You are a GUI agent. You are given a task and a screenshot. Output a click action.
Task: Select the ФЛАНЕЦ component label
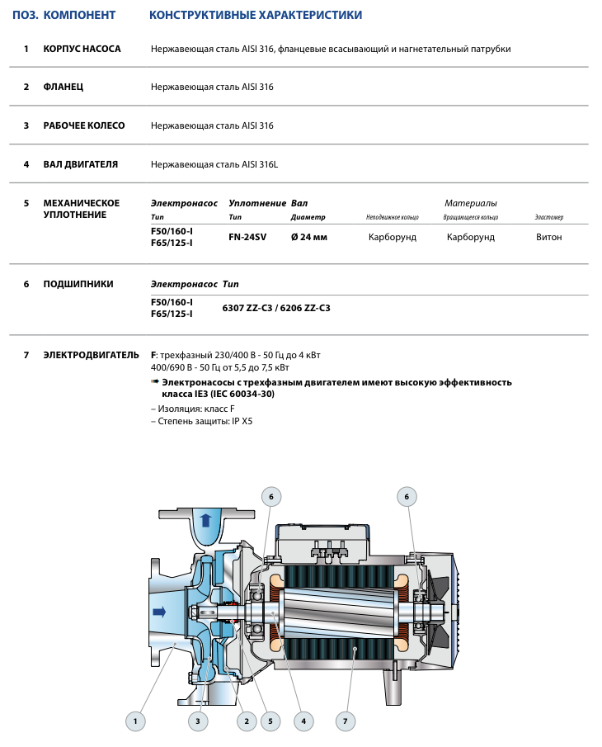coord(63,87)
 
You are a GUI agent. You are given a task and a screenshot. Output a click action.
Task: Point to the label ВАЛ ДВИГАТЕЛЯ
coord(80,164)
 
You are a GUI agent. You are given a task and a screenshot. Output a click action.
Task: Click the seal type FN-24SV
coord(247,237)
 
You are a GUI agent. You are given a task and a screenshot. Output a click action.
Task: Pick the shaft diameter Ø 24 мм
coord(309,237)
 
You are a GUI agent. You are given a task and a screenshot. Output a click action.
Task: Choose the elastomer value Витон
coord(548,237)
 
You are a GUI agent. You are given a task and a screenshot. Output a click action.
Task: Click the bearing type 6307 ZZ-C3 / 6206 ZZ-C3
coord(276,308)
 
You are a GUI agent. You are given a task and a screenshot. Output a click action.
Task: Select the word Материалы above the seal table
coord(471,203)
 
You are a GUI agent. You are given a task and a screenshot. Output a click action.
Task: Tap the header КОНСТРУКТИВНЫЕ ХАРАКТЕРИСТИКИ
coord(256,16)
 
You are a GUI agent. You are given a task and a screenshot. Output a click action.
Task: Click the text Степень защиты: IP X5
coord(202,421)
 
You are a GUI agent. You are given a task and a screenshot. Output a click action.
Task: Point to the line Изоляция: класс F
coord(193,408)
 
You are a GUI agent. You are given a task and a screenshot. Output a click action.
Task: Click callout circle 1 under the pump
coord(136,721)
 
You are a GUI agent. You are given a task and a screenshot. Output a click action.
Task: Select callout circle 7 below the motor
coord(346,721)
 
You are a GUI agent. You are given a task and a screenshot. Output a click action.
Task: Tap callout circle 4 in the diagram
coord(303,721)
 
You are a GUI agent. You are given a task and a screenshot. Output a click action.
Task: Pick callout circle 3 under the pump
coord(198,721)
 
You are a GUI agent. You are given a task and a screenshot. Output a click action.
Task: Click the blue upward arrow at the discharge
coord(205,521)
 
